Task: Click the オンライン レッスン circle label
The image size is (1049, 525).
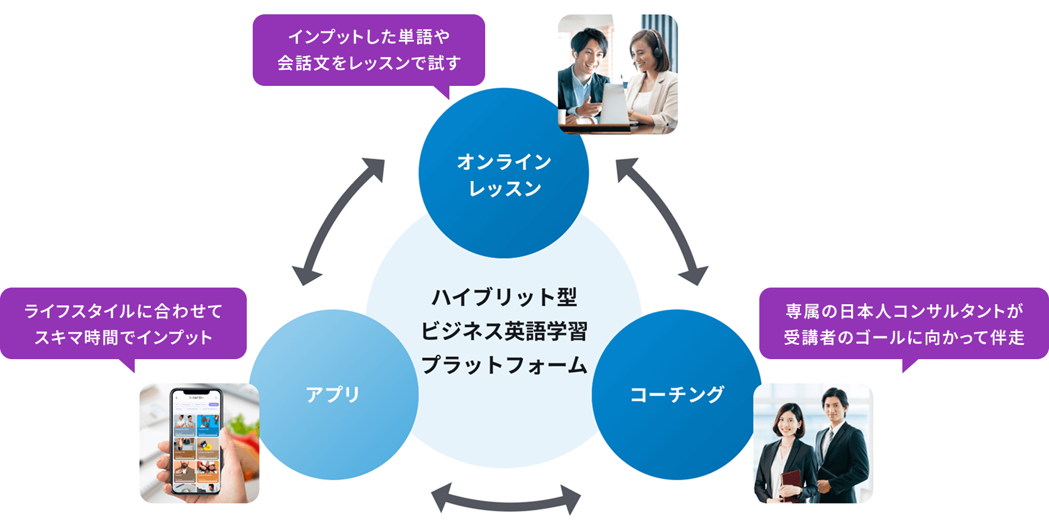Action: [504, 175]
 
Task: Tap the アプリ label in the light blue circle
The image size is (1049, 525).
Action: [333, 394]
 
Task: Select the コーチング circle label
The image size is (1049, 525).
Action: [677, 394]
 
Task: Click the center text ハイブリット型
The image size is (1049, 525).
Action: [504, 297]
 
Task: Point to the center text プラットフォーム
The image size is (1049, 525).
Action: [504, 365]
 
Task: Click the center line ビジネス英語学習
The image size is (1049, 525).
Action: [504, 331]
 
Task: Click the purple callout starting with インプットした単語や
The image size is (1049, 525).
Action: [368, 50]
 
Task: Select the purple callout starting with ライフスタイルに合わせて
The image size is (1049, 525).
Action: [123, 323]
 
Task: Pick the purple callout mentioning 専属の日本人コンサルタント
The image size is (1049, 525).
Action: [904, 323]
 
